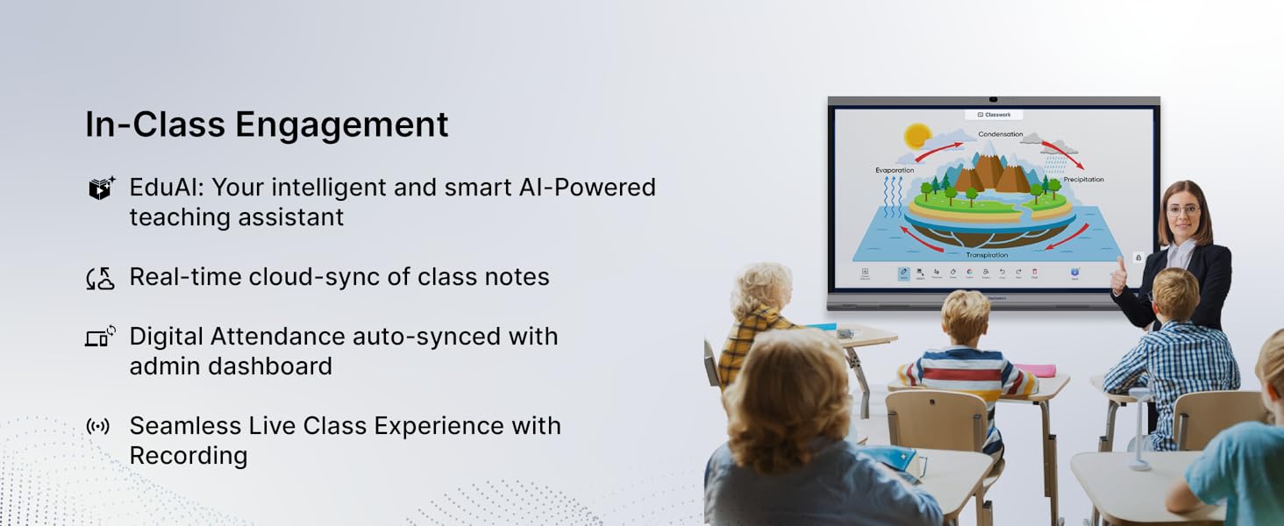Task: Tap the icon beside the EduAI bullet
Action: [102, 188]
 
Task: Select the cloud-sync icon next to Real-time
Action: [101, 279]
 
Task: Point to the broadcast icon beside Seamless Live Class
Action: [98, 427]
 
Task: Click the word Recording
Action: [189, 456]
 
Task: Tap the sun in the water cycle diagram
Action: [917, 136]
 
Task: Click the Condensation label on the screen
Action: [1001, 134]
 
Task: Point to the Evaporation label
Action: [895, 170]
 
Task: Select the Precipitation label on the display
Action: [1083, 180]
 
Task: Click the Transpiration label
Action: [987, 255]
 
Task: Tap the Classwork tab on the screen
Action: [994, 115]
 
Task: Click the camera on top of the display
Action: [994, 99]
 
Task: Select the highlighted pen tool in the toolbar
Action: [903, 274]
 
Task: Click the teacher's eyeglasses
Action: [1183, 210]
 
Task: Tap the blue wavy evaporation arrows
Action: [892, 197]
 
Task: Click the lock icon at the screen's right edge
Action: [1138, 258]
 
